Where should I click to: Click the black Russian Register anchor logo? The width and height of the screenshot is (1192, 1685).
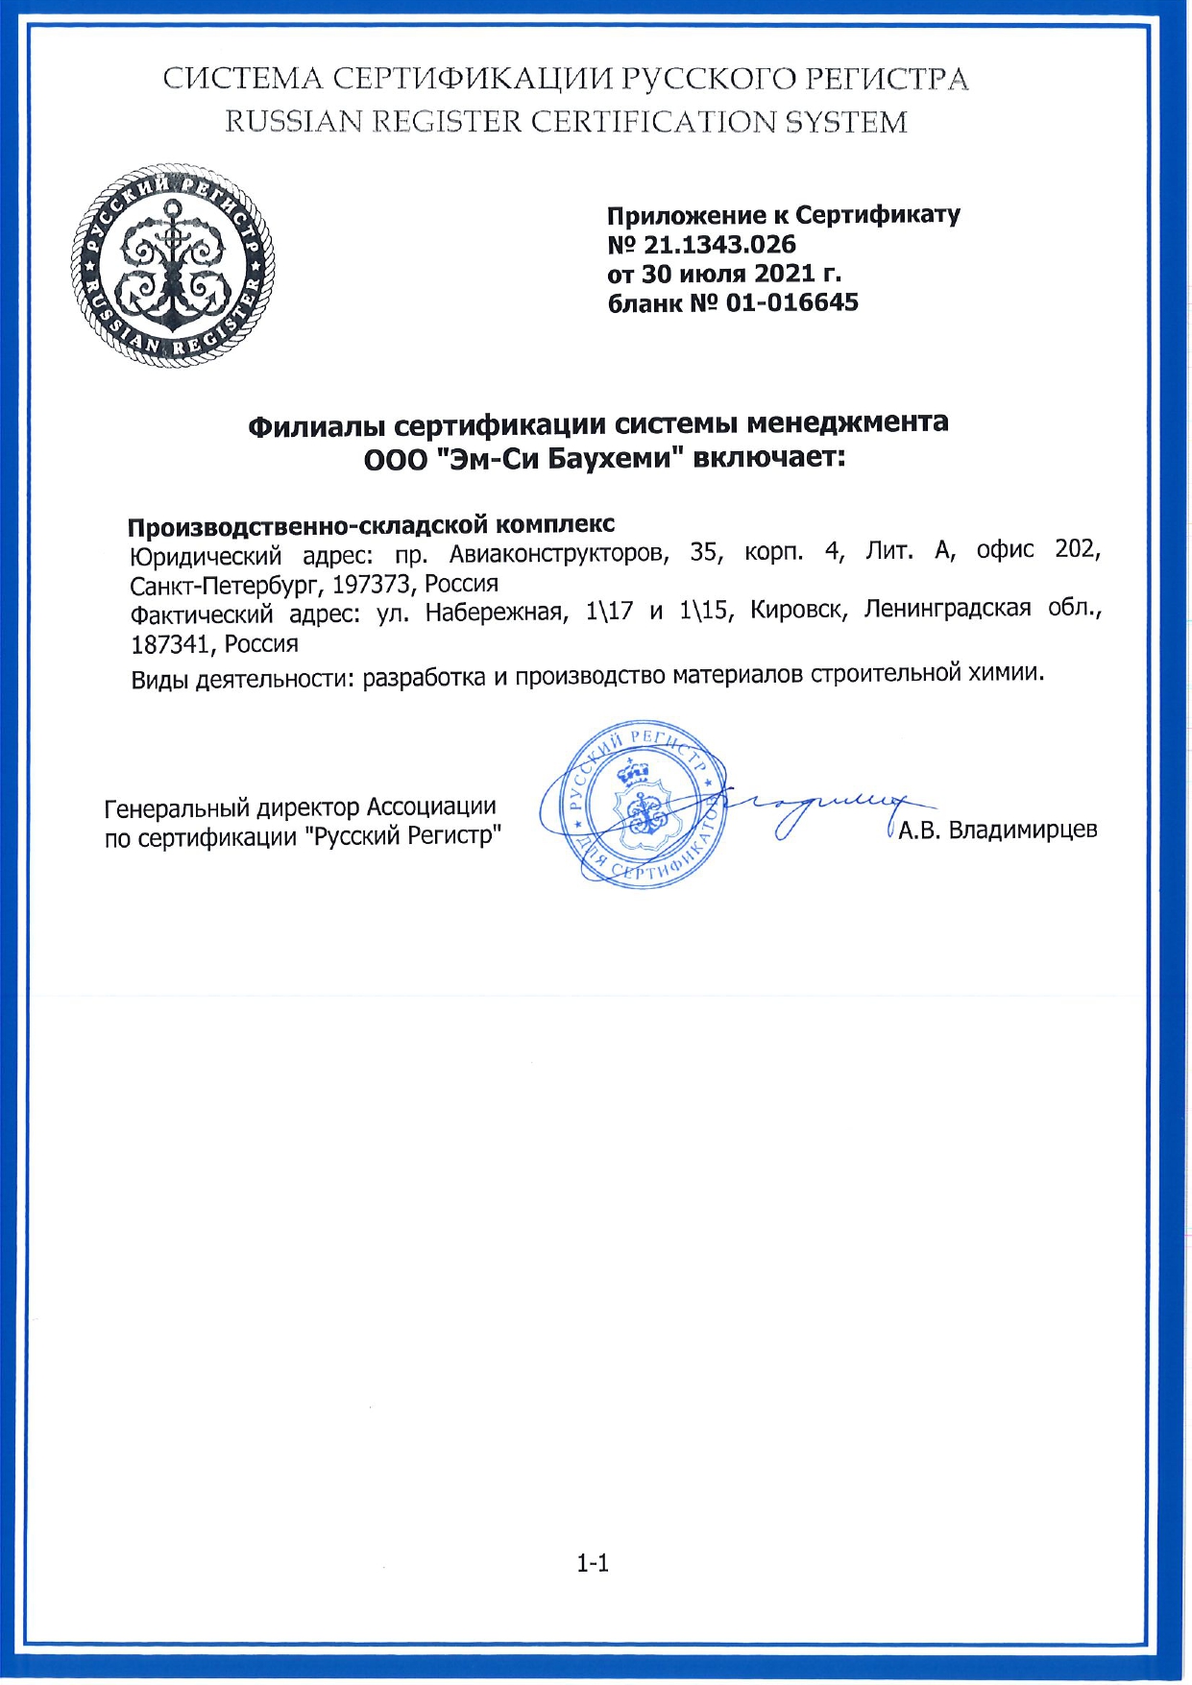tap(172, 266)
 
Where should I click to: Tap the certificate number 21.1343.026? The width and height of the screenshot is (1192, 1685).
tap(719, 245)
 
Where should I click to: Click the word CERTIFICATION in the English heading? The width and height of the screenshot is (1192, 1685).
tap(654, 123)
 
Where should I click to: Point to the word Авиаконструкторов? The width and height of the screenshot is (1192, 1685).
tap(559, 553)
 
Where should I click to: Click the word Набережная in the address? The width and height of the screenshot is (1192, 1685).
tap(493, 613)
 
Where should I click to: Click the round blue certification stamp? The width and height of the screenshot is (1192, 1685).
tap(633, 803)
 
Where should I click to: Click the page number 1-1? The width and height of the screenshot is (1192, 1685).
tap(593, 1563)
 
